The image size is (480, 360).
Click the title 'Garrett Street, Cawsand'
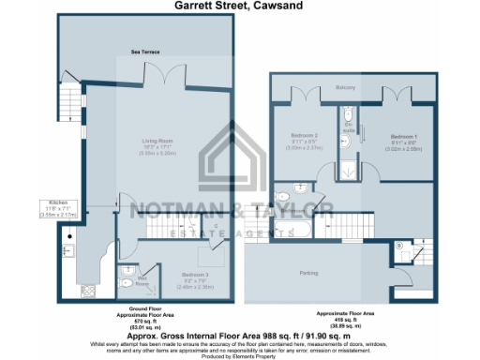239,6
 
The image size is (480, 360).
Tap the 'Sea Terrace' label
144,53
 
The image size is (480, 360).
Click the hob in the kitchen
89,289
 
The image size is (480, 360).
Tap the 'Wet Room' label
142,278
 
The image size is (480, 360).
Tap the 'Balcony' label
346,87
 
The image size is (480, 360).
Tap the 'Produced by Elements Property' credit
239,355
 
